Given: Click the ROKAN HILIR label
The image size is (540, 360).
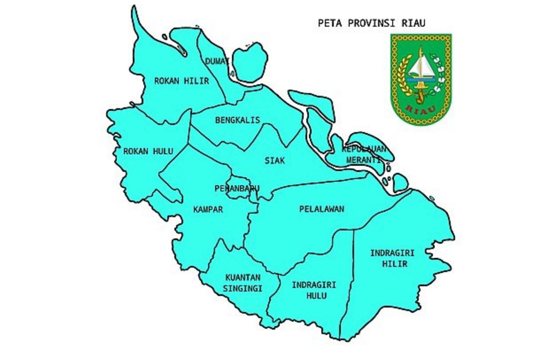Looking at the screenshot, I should tap(181, 81).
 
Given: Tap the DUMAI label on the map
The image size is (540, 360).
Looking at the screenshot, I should tap(217, 61).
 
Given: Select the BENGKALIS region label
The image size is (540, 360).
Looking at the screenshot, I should tap(238, 120).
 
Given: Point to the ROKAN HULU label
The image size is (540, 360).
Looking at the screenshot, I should tap(148, 151).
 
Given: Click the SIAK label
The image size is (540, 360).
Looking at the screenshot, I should tap(274, 161).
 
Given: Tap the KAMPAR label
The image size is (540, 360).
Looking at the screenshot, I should tap(208, 209).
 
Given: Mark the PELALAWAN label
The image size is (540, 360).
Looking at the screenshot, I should tap(321, 209).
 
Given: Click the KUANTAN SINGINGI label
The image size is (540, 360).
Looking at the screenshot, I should tap(243, 283).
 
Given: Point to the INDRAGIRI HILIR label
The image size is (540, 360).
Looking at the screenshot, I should tap(392, 258).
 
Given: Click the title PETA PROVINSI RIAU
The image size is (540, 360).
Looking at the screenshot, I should tap(371, 23).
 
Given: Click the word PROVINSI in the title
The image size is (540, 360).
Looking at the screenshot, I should tap(369, 23).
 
